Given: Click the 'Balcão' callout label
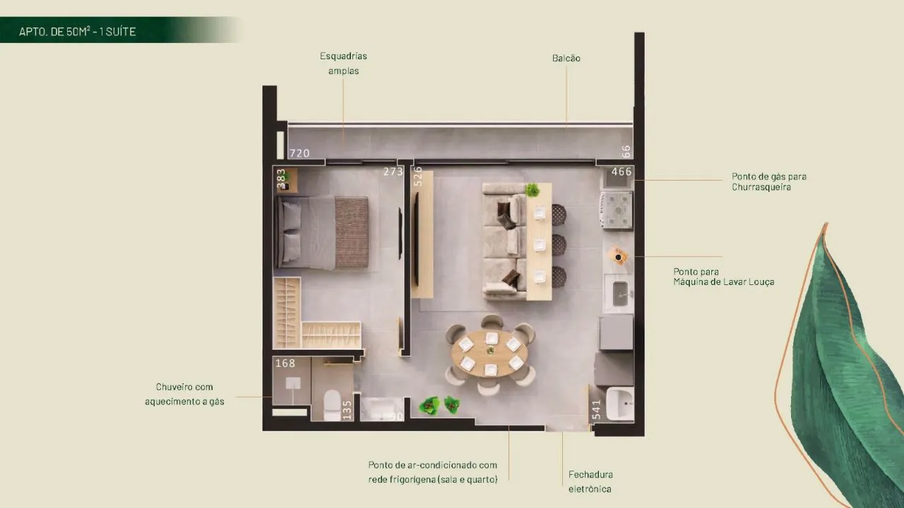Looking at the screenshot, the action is (566, 59).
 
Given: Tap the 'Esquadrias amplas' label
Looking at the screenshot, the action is (343, 64).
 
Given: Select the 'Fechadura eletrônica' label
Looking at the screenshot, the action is (590, 482).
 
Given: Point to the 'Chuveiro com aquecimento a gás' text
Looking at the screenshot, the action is (184, 394).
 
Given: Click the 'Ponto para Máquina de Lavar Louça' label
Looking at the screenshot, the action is (724, 277).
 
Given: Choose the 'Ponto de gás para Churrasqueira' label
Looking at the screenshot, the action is (769, 181).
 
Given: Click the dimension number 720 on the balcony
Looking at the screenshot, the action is (299, 153).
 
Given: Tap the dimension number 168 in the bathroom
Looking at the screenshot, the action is (285, 363).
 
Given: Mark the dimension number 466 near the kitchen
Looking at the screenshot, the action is (621, 171).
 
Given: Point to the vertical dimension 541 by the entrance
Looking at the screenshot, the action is (597, 410).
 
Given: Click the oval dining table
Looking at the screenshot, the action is (489, 353).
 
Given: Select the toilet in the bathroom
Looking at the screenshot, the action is (332, 405).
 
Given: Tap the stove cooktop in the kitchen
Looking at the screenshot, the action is (617, 210).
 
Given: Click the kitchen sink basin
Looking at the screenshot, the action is (620, 294).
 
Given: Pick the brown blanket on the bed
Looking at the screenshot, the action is (352, 232).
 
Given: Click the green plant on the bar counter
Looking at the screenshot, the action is (533, 190).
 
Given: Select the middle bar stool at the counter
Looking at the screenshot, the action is (559, 245).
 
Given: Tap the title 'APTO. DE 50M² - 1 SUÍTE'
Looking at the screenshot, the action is (77, 32).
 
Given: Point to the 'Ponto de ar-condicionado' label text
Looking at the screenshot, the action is (432, 465).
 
